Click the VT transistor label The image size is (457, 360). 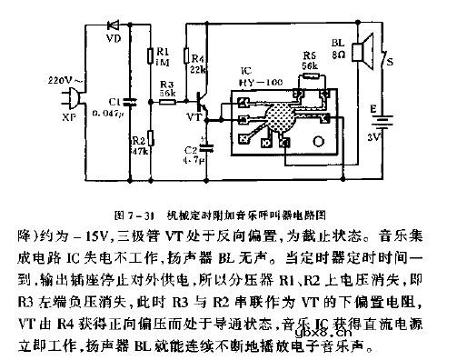pyautogui.click(x=194, y=118)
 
